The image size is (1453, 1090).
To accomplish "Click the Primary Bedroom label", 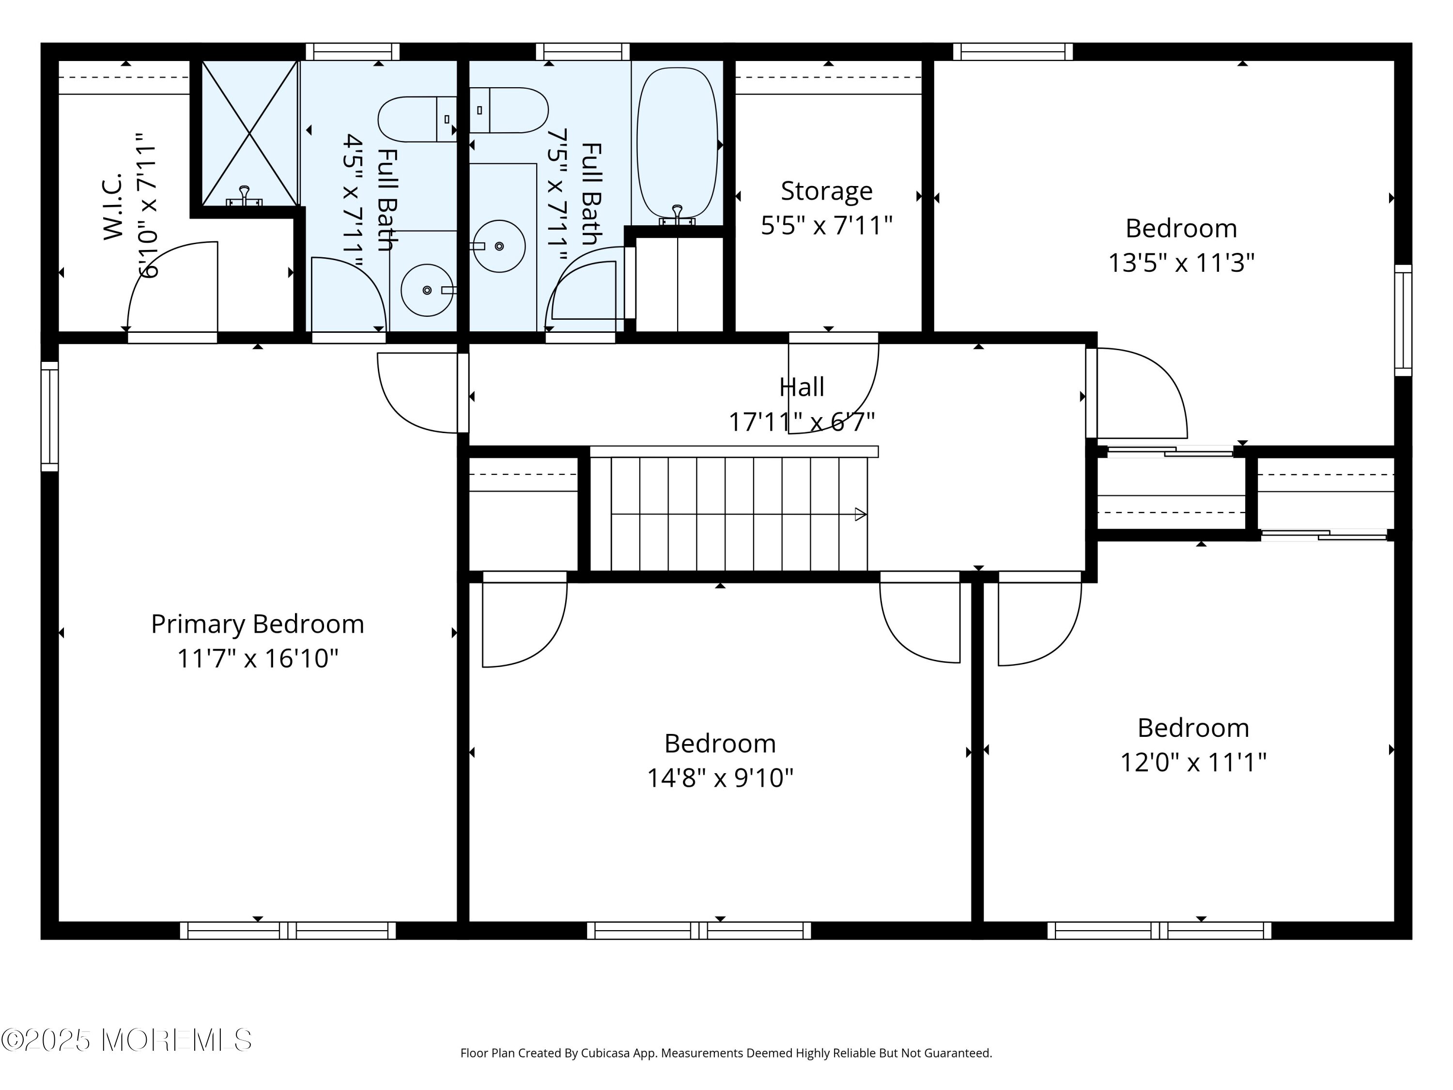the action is pos(258,624).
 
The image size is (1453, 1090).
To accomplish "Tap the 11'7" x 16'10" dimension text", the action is pos(258,658).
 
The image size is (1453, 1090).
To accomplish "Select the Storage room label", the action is pos(826,191).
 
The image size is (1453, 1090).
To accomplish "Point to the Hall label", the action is pos(802,387).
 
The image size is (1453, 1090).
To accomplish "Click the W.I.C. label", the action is pos(113,206).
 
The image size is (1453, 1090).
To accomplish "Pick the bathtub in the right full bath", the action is pos(677,143).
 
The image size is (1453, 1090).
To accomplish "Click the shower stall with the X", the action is pos(249,133).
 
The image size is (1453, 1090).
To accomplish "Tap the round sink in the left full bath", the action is pos(427,290).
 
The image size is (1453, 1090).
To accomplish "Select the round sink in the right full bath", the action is pos(499,246).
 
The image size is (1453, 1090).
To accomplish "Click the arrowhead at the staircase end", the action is pos(861,514).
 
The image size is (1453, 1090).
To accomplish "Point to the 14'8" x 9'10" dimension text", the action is pos(720,778).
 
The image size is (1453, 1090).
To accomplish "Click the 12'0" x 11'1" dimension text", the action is pos(1193,762).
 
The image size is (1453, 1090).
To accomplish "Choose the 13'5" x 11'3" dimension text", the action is pos(1181,263).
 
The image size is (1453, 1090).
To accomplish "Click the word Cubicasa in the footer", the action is pos(605,1053).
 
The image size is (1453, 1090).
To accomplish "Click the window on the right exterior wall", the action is pos(1403,320).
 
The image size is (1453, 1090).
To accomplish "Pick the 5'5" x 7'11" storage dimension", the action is pos(826,225).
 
